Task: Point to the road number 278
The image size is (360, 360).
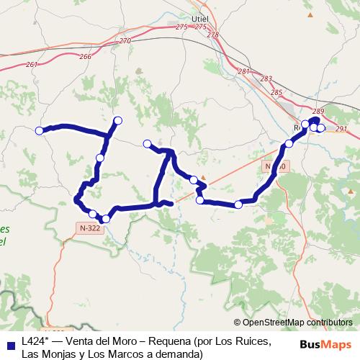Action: (212, 35)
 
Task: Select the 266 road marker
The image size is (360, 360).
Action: (86, 56)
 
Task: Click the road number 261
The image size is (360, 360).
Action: (31, 64)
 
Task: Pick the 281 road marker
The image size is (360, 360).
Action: (243, 71)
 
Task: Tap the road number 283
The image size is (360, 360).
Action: (266, 78)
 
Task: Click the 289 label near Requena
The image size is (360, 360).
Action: (319, 111)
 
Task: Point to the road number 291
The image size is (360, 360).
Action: (341, 129)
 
